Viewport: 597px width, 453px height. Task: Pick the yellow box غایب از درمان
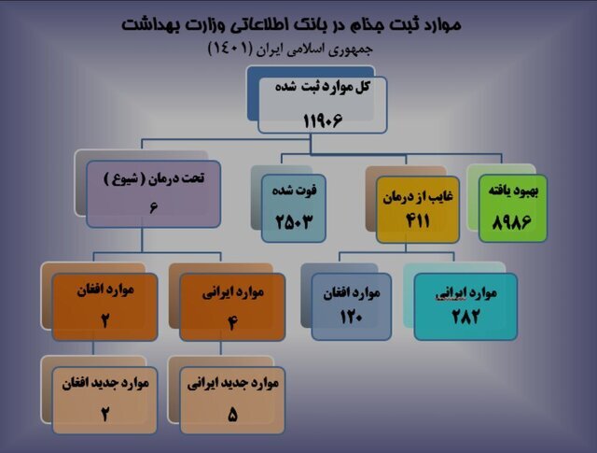pos(416,203)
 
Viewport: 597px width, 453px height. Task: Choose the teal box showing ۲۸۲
pos(465,305)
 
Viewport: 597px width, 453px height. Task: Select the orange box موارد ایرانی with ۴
pos(226,304)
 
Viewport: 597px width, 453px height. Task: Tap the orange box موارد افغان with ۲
pos(105,304)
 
